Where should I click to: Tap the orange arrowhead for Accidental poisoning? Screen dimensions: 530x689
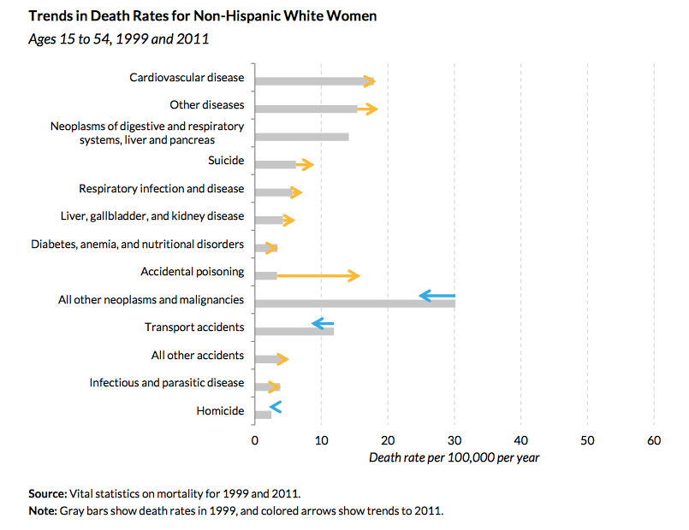tap(354, 275)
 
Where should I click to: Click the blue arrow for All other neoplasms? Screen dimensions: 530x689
tap(437, 296)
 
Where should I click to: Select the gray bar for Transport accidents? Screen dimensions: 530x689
tap(294, 331)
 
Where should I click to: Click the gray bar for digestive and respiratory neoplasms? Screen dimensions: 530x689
tap(301, 137)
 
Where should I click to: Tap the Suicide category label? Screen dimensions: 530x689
tap(226, 161)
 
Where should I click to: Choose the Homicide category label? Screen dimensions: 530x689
tap(220, 411)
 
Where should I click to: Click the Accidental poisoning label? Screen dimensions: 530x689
tap(193, 272)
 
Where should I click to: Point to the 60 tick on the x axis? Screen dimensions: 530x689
tap(654, 440)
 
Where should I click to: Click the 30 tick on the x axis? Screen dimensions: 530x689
tap(454, 440)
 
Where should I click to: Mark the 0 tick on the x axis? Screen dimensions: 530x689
tap(254, 440)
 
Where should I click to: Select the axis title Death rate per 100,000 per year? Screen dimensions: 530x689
tap(454, 457)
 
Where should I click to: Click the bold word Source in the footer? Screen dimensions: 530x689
tap(47, 494)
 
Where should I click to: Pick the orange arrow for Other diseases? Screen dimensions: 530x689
tap(367, 109)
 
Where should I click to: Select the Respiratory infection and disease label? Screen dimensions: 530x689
tap(161, 188)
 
